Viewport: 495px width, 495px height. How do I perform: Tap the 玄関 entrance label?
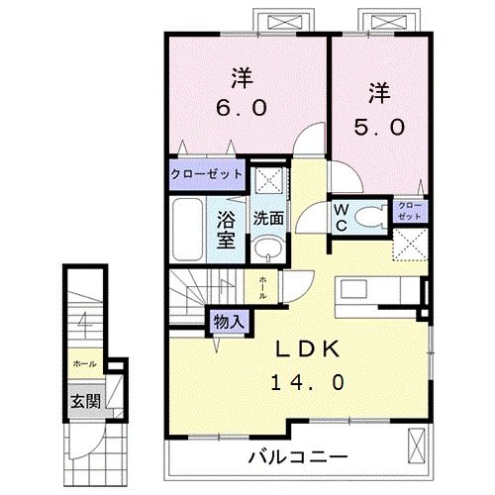tap(84, 401)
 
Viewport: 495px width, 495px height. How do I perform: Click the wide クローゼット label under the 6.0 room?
tap(206, 173)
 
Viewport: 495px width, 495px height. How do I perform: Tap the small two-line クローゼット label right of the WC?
tap(409, 210)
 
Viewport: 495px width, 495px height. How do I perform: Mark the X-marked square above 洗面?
tap(264, 180)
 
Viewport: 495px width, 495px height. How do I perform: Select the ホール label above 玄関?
tap(83, 364)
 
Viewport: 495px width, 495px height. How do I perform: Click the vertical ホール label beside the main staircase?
tap(262, 287)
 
